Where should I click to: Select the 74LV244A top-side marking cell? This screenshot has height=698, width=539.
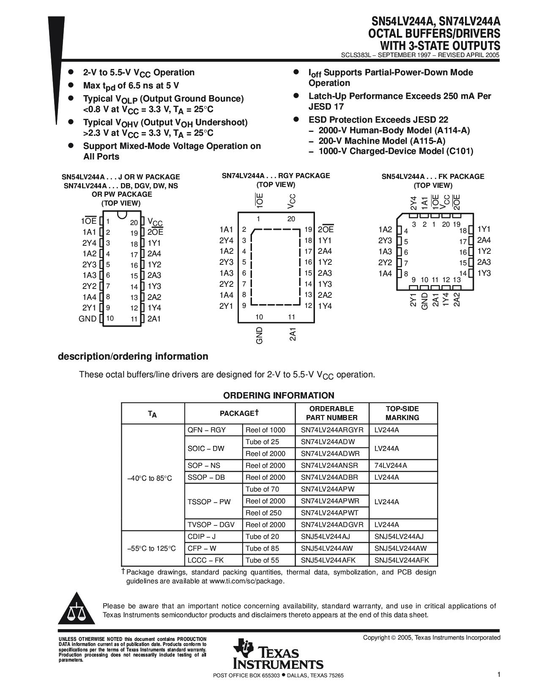[391, 465]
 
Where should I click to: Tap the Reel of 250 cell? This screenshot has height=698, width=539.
[263, 513]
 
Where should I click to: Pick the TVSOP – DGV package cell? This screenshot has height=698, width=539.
[211, 525]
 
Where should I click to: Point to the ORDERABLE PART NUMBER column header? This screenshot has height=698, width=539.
[331, 413]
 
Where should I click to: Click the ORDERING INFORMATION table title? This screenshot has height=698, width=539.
[279, 396]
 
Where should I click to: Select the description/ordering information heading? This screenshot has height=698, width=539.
[133, 356]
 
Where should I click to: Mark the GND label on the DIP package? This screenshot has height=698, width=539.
[88, 319]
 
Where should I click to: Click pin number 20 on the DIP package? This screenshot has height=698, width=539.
[134, 222]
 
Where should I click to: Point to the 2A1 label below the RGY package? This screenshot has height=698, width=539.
[293, 334]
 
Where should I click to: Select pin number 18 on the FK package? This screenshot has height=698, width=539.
[463, 231]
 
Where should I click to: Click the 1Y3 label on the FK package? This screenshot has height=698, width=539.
[484, 273]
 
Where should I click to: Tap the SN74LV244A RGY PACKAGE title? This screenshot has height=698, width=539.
[276, 176]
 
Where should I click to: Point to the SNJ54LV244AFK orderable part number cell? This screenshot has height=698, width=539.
[328, 560]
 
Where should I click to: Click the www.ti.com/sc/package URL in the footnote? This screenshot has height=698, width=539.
[246, 581]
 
